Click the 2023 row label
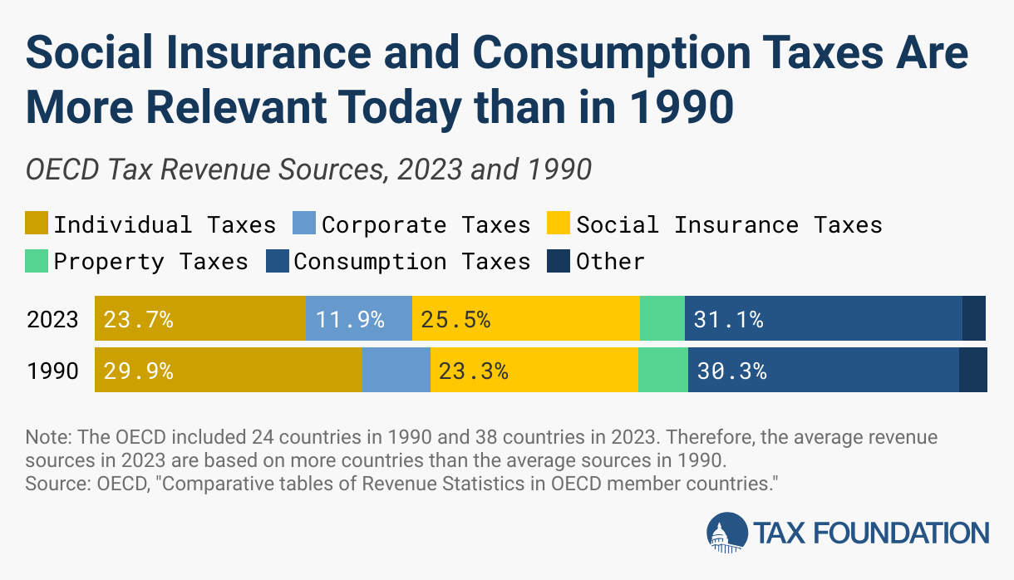(52, 319)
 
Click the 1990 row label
(52, 371)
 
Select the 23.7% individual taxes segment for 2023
(199, 318)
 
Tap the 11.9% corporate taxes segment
(358, 318)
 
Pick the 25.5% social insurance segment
(525, 318)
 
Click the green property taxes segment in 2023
(662, 318)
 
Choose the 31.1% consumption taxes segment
(823, 318)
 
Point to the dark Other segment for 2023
(973, 318)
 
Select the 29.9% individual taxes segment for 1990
(228, 370)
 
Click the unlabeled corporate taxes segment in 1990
(396, 370)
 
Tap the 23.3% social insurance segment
(534, 370)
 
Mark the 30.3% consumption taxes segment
(823, 370)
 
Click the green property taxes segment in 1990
(662, 370)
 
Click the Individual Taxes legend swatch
(37, 224)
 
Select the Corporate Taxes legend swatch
(304, 224)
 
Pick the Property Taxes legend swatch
(37, 262)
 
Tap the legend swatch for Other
(559, 262)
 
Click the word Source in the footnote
(50, 484)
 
